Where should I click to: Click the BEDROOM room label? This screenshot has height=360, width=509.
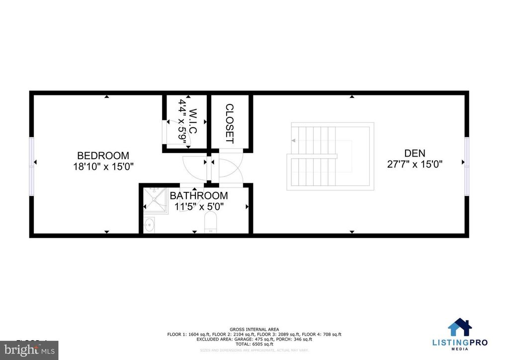click(x=103, y=155)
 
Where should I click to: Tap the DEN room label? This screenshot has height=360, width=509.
click(x=415, y=153)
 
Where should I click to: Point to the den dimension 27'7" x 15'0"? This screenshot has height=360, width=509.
click(x=415, y=164)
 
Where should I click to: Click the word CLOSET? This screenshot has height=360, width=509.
click(x=229, y=123)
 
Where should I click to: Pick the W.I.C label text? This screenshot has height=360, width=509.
click(x=193, y=121)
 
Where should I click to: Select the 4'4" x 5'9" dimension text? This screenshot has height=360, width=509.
click(x=182, y=122)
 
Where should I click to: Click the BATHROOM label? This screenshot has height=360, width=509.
click(x=199, y=195)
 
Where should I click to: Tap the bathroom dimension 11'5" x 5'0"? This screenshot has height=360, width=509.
click(x=199, y=206)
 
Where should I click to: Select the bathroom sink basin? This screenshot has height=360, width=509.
click(x=149, y=225)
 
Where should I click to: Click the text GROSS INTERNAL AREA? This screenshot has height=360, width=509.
click(x=254, y=329)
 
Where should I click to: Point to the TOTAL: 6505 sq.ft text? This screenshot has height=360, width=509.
click(x=254, y=344)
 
